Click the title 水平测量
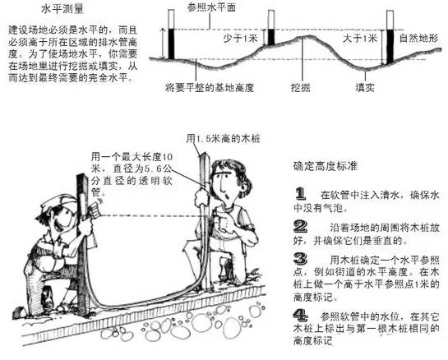tap(62, 9)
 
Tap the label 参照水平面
tap(211, 7)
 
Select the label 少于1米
tap(240, 38)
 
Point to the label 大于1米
tap(360, 38)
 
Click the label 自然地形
tap(418, 38)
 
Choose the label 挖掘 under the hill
tap(301, 87)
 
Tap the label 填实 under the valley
tap(365, 87)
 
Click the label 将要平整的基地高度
tap(210, 87)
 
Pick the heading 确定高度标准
tap(326, 166)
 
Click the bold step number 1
tap(300, 194)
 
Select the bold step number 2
tap(301, 227)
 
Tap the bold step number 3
tap(301, 259)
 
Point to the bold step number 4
tap(301, 316)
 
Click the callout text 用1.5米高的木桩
tap(223, 139)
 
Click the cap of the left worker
tap(58, 202)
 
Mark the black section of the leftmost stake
tap(171, 44)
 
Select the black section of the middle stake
tap(271, 36)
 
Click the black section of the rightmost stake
tap(390, 47)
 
